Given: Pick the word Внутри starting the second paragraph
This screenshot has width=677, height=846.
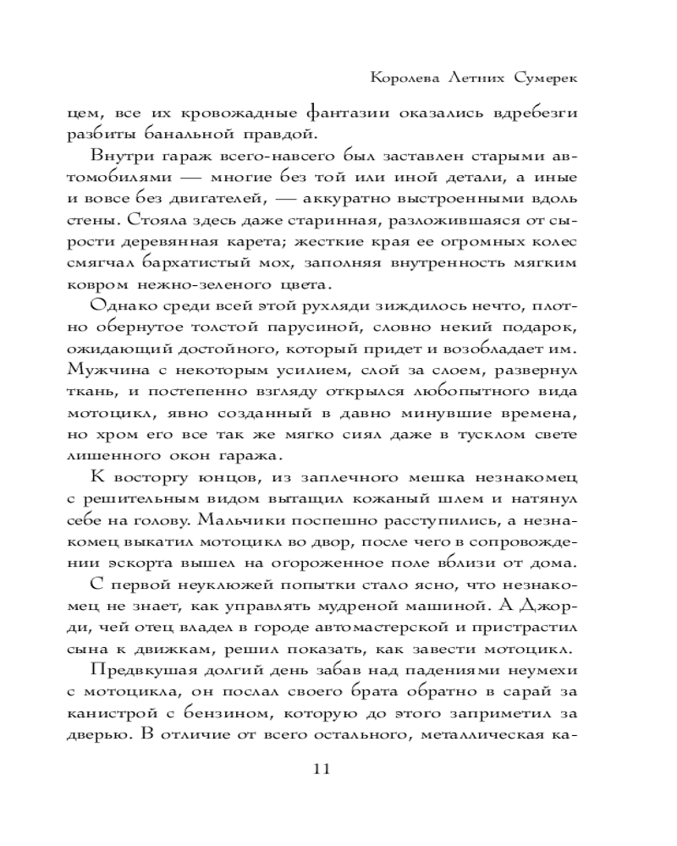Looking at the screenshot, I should point(121,157).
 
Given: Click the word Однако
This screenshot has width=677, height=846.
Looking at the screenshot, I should point(123,306).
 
